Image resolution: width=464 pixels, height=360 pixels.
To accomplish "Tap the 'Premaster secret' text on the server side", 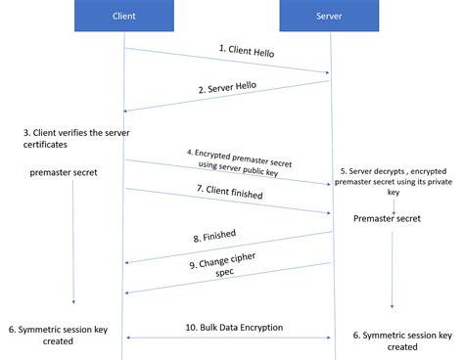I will pos(388,218).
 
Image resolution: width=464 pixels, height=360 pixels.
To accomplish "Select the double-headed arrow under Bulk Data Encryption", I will pos(227,337).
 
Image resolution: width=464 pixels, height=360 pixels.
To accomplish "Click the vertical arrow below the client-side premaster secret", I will pos(72,245).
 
